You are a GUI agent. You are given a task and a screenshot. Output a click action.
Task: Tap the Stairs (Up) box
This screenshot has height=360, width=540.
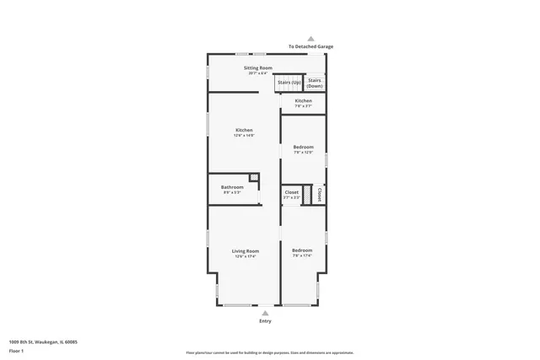(289, 83)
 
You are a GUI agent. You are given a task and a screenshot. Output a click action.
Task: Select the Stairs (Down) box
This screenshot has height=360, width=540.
(315, 83)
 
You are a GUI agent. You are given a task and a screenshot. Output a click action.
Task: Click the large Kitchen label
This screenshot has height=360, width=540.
(244, 130)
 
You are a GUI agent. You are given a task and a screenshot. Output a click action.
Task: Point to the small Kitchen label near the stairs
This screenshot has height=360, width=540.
(303, 101)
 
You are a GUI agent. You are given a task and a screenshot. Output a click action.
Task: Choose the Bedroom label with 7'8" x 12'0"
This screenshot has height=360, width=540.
(303, 147)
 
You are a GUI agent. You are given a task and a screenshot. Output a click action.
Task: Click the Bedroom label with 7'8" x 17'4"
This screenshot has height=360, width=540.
(302, 250)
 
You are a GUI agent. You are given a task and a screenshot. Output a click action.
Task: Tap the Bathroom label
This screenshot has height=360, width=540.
(232, 187)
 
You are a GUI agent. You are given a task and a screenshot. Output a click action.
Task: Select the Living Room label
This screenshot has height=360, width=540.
(246, 250)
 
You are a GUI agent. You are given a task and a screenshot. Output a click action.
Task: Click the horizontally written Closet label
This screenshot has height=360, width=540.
(291, 192)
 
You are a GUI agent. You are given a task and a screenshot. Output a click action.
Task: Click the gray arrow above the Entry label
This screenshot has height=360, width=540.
(266, 313)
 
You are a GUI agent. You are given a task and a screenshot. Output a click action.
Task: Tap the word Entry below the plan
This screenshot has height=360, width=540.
(266, 322)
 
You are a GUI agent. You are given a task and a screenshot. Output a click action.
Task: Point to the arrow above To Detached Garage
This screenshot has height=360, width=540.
(310, 39)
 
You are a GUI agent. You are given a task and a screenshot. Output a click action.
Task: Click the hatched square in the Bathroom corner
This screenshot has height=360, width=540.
(253, 177)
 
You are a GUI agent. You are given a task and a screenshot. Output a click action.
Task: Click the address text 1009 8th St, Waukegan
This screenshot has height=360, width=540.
(43, 341)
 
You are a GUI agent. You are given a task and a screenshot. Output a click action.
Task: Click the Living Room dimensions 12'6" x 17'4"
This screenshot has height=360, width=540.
(246, 256)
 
